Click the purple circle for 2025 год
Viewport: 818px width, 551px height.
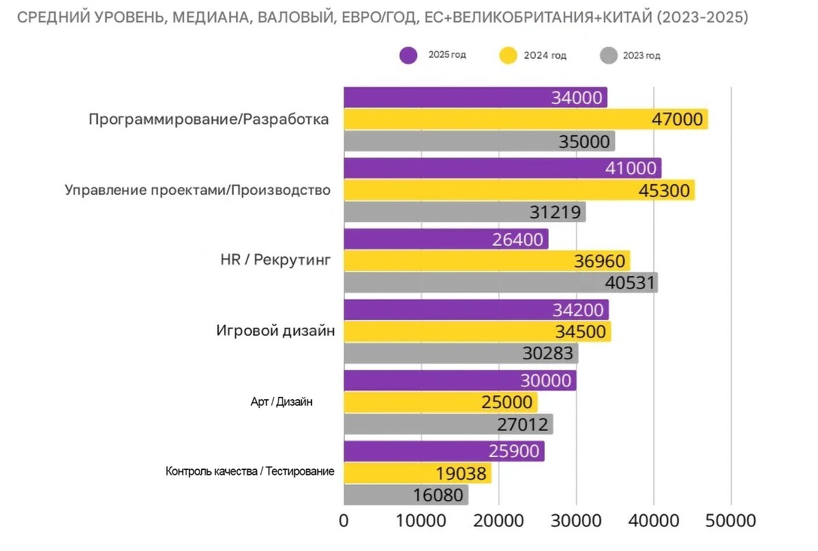point(408,55)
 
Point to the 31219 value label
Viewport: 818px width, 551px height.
point(556,212)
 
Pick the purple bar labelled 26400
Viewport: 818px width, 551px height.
point(446,239)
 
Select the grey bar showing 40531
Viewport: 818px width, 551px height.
point(500,282)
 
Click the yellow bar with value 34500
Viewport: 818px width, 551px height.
point(477,332)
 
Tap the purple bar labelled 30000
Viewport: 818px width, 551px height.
point(459,381)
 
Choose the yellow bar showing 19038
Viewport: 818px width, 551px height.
point(417,473)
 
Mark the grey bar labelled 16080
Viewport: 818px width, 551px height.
point(406,495)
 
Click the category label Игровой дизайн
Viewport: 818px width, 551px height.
point(275,332)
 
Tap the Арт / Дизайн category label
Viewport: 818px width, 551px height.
point(282,403)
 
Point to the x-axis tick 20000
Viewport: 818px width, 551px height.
point(498,521)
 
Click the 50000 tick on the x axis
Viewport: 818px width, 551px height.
point(731,521)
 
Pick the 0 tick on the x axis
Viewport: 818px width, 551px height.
point(344,521)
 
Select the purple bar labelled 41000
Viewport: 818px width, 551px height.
point(502,168)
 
